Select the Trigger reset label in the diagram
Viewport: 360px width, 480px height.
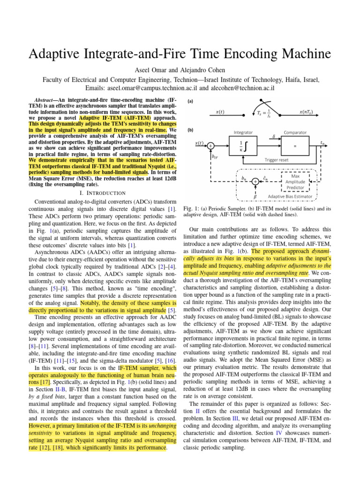point(271,160)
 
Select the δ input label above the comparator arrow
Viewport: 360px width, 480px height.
point(274,137)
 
